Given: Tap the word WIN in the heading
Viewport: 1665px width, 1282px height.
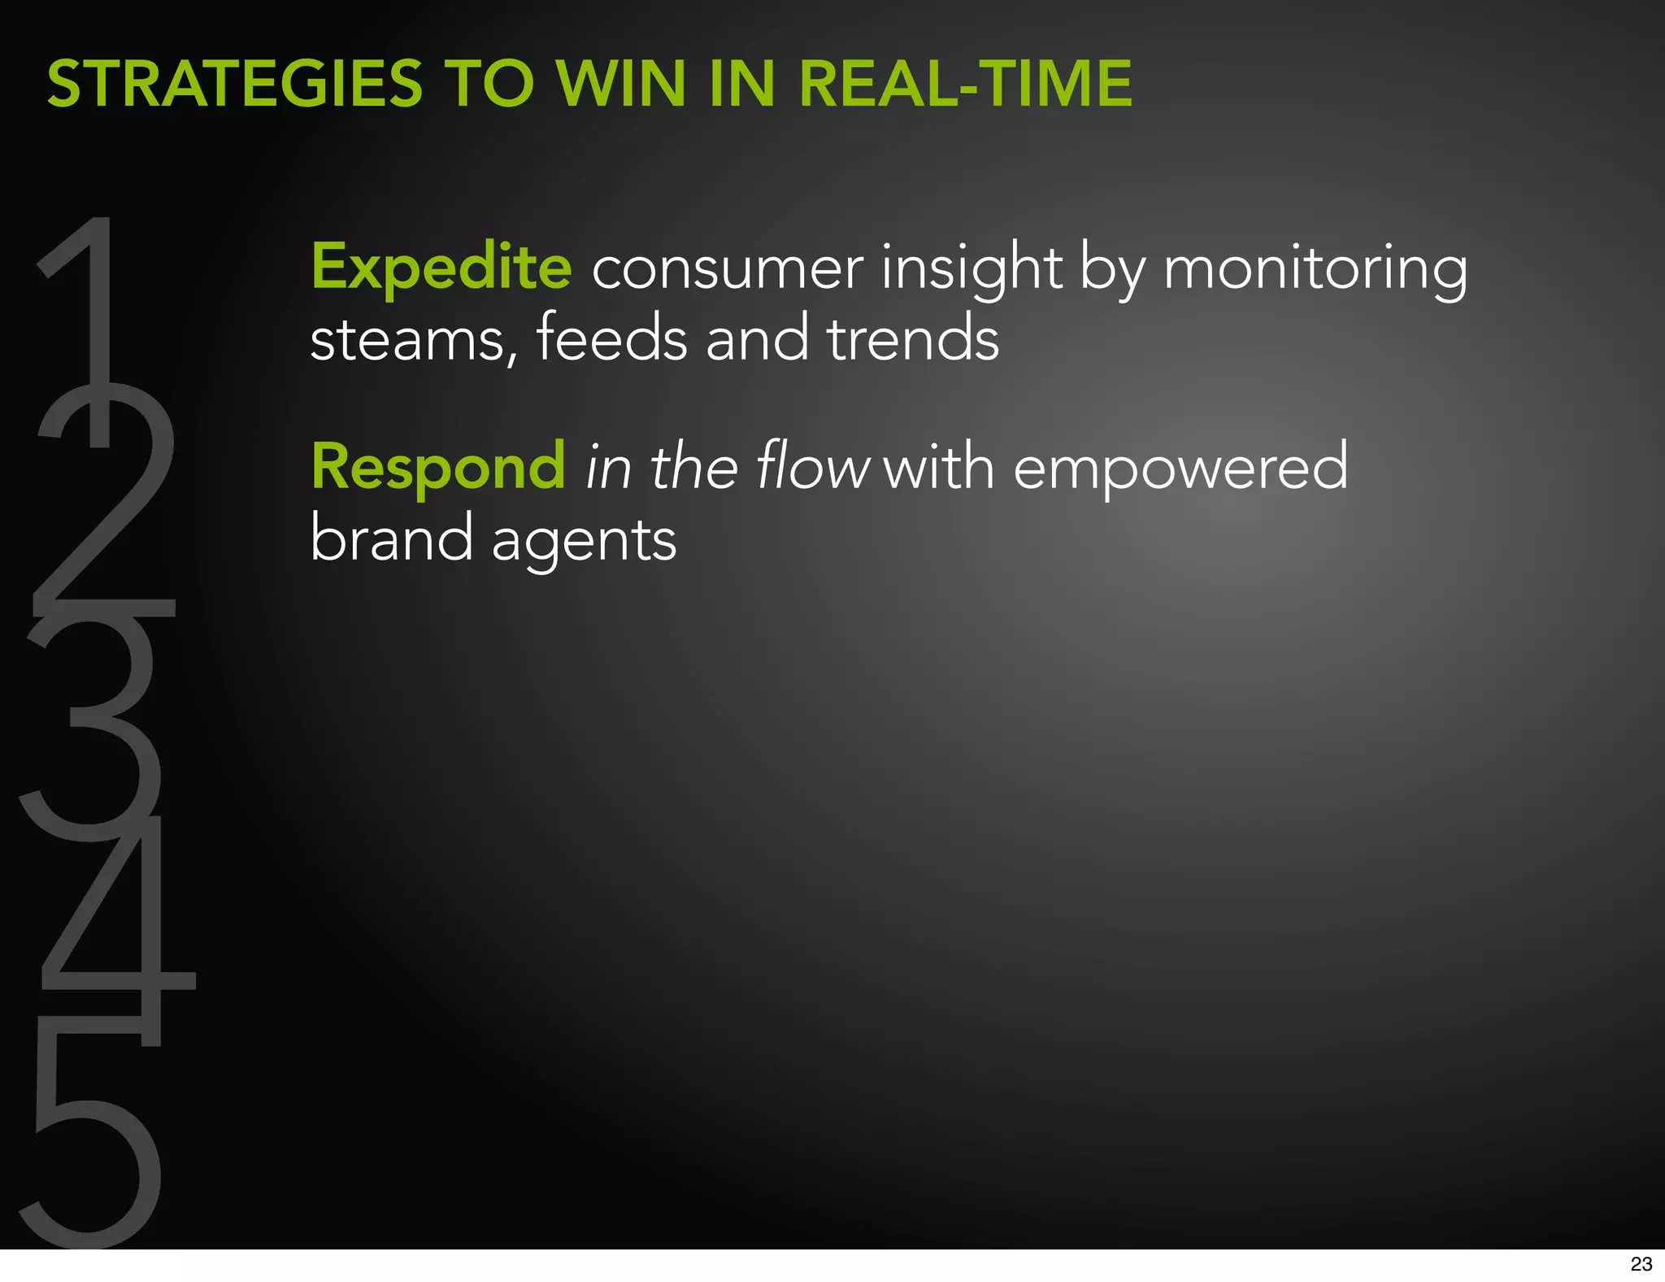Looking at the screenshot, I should tap(619, 84).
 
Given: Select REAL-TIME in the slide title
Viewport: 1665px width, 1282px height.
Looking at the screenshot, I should tap(965, 84).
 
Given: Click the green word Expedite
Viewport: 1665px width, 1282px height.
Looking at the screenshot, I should tap(441, 267).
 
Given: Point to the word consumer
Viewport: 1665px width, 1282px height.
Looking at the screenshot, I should tap(727, 268).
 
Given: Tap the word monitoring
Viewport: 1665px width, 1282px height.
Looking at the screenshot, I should tap(1315, 268).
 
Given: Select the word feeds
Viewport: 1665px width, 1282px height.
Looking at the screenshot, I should tap(611, 338).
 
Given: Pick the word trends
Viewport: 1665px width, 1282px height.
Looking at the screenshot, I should tap(912, 338).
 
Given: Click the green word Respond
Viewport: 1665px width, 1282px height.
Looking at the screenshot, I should tap(438, 468).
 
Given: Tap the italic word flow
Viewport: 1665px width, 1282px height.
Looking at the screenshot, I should tap(812, 466).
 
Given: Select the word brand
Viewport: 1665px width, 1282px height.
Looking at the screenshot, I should tap(391, 539).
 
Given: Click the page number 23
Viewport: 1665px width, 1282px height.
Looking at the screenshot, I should tap(1641, 1264).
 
